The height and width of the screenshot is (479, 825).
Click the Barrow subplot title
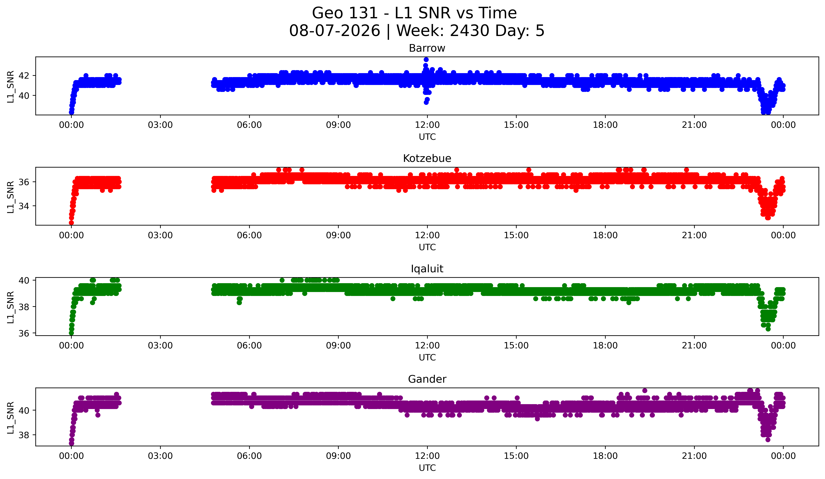pyautogui.click(x=427, y=48)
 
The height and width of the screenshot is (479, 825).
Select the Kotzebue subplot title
pyautogui.click(x=427, y=158)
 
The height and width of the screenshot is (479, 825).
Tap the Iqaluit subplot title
pyautogui.click(x=427, y=269)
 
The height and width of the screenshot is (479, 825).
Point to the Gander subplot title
pyautogui.click(x=427, y=379)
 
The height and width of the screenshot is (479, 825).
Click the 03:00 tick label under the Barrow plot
pyautogui.click(x=160, y=125)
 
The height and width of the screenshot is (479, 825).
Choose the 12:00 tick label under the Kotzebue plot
pyautogui.click(x=427, y=235)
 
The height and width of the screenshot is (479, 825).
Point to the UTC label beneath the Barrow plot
pyautogui.click(x=427, y=137)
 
